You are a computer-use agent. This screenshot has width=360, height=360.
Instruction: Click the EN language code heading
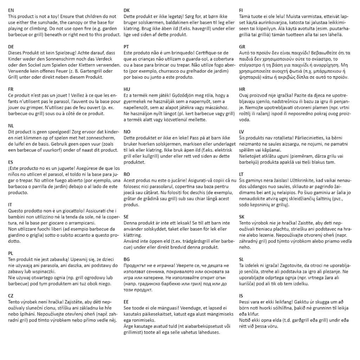(11, 11)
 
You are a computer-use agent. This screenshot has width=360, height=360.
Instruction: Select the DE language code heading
(11, 47)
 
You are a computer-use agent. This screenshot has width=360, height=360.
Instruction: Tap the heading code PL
(11, 253)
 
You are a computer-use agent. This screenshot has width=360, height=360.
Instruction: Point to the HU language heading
(127, 89)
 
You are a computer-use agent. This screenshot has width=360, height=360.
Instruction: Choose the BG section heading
(127, 259)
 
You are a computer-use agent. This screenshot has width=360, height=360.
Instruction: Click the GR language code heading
(242, 47)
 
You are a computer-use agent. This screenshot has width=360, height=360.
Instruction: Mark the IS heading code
(241, 296)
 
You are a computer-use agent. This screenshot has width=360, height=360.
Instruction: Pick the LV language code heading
(242, 132)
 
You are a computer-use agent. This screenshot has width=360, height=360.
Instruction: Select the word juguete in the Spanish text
(70, 168)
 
